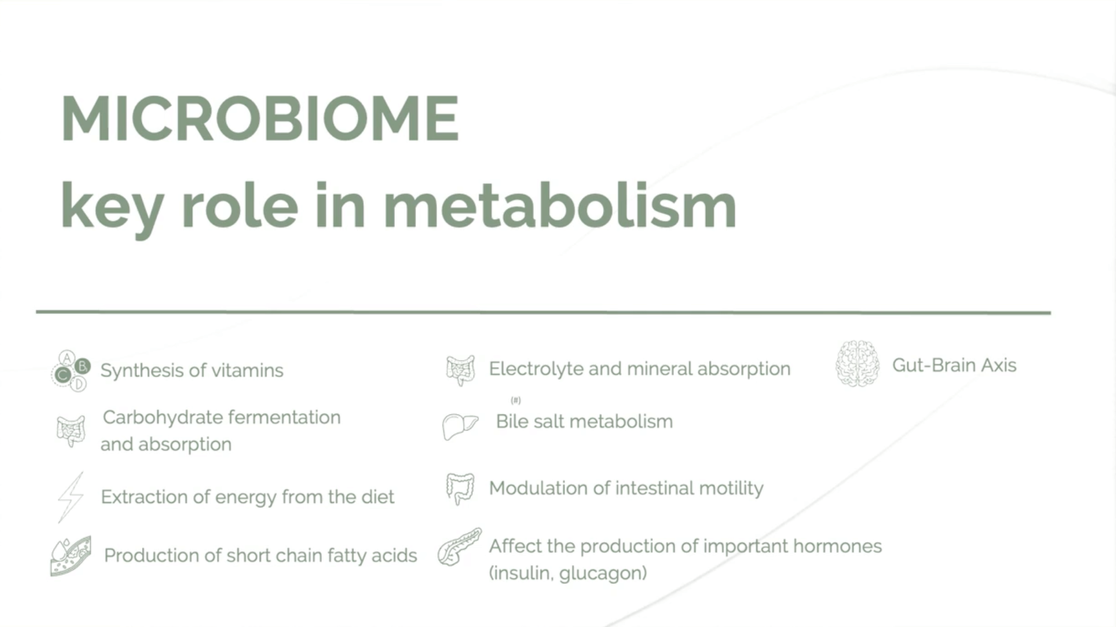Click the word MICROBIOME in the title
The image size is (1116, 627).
tap(260, 119)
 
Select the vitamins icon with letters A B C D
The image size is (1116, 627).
tap(71, 371)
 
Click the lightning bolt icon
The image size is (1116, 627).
tap(71, 497)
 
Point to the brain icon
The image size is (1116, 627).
tap(858, 364)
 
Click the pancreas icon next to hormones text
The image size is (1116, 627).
tap(459, 547)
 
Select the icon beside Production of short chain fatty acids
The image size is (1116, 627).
tap(71, 556)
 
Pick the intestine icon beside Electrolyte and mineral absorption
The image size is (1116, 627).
tap(460, 370)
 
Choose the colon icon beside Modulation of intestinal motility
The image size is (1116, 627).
tap(460, 488)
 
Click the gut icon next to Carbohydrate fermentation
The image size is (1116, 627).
tap(71, 431)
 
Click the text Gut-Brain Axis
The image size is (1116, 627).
tap(954, 365)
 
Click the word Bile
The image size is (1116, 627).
tap(512, 421)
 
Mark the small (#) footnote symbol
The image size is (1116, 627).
tap(516, 400)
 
